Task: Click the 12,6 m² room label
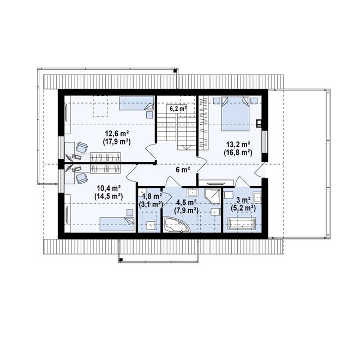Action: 117,133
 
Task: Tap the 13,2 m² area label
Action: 238,145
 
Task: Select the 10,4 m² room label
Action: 109,188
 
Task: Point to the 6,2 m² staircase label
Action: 178,109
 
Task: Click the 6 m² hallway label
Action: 183,170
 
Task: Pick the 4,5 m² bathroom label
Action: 186,203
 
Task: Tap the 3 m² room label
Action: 243,200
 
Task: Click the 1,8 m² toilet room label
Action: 152,196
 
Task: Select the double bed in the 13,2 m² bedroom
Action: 235,114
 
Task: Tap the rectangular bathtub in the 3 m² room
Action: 241,224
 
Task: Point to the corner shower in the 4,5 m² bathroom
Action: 212,196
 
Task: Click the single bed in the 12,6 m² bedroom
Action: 136,103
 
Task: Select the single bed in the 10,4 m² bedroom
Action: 117,224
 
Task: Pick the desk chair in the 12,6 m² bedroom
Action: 82,148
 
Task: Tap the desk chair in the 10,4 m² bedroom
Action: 82,178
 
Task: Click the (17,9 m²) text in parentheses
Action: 117,142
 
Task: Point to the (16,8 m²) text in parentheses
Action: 238,153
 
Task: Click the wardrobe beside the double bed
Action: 203,123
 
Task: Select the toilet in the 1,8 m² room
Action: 151,225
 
